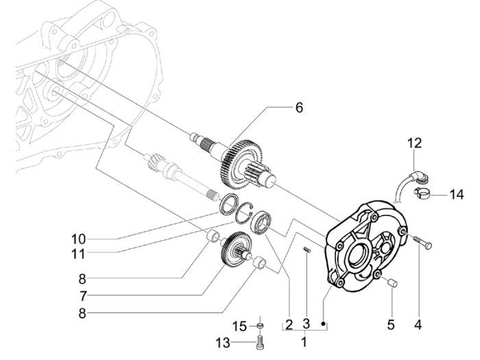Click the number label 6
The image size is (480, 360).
point(299,108)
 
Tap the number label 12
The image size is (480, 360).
point(414,143)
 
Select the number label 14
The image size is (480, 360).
point(457,195)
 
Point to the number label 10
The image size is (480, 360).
point(78,239)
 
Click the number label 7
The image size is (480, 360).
point(83,296)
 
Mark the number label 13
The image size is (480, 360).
point(223,343)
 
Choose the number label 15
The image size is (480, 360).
point(239,326)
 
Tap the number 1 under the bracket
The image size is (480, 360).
point(304,342)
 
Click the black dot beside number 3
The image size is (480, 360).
point(323,324)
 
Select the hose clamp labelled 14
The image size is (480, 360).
point(421,193)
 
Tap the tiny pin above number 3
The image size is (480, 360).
point(307,250)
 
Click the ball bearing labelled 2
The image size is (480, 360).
point(261,223)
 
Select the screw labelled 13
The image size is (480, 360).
point(260,343)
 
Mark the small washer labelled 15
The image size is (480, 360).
point(260,326)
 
